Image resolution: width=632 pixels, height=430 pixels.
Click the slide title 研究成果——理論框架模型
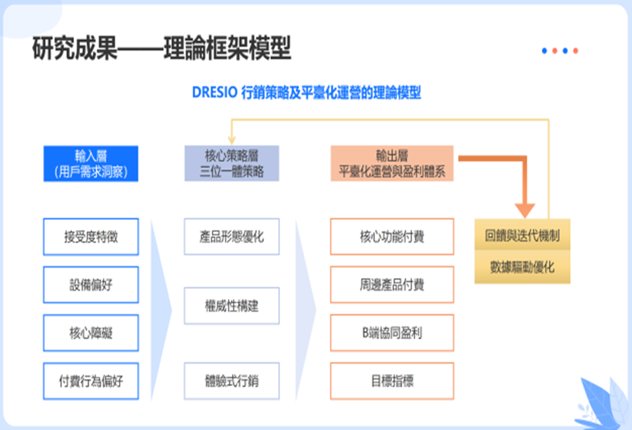click(161, 50)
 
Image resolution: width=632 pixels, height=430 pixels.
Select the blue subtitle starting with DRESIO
click(306, 93)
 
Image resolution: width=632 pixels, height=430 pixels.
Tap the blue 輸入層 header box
click(91, 164)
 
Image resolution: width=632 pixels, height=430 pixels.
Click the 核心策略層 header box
click(232, 164)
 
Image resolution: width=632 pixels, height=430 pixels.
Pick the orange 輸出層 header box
click(392, 164)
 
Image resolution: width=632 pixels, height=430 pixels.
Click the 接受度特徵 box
click(91, 237)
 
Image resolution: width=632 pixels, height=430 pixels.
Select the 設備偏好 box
click(91, 285)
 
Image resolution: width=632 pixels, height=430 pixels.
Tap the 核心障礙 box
click(91, 333)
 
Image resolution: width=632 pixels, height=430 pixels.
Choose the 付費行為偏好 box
click(91, 381)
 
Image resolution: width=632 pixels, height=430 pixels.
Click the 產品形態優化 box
click(232, 237)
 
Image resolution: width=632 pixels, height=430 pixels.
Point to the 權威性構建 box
click(232, 307)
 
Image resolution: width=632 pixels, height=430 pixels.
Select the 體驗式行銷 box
click(232, 381)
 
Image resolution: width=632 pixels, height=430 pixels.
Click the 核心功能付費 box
click(392, 237)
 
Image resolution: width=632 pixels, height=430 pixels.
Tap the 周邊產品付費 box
click(392, 285)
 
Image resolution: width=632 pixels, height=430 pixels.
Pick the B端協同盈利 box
click(392, 333)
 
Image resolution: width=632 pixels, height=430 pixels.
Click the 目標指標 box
click(392, 381)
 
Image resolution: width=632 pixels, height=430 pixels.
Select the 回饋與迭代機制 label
click(522, 236)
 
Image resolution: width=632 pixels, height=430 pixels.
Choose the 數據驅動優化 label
click(522, 267)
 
